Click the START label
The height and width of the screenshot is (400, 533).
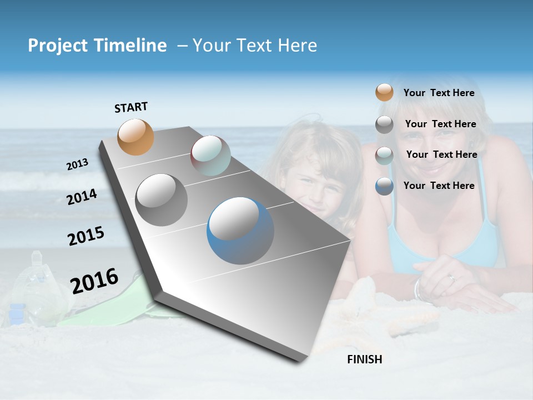[131, 107]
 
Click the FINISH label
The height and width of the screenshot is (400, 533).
[364, 359]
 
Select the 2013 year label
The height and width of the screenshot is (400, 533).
[77, 164]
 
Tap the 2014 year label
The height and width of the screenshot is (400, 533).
[82, 197]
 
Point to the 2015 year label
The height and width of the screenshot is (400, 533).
[86, 236]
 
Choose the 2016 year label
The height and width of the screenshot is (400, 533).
[94, 281]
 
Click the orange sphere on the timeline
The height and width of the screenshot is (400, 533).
[136, 137]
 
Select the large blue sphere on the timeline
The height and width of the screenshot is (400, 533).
[240, 231]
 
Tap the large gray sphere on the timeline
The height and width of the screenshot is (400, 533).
[162, 200]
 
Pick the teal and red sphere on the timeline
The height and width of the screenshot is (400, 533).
[210, 156]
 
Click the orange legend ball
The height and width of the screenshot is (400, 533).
[384, 93]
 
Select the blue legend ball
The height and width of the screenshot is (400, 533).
[384, 186]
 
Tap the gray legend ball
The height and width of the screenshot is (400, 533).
[384, 124]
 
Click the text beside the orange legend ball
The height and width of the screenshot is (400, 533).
[439, 93]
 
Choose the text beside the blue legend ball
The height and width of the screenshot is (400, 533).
[439, 186]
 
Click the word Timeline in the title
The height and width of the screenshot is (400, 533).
[130, 46]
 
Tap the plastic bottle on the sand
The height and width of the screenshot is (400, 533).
[36, 289]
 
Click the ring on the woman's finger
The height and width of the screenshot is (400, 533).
[452, 278]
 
